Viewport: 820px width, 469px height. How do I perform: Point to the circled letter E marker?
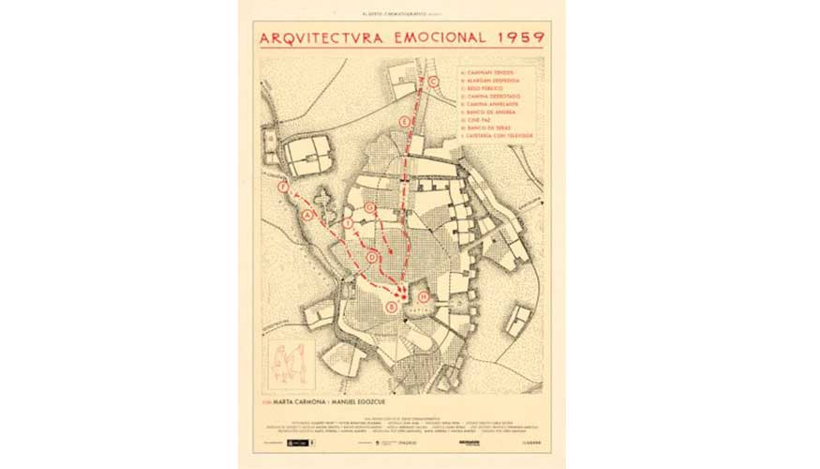(404, 122)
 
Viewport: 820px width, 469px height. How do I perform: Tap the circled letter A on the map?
(307, 215)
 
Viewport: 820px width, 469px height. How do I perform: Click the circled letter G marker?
(372, 206)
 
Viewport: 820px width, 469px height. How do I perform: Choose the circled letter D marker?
(372, 256)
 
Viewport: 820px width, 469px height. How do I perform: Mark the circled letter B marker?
(392, 307)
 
